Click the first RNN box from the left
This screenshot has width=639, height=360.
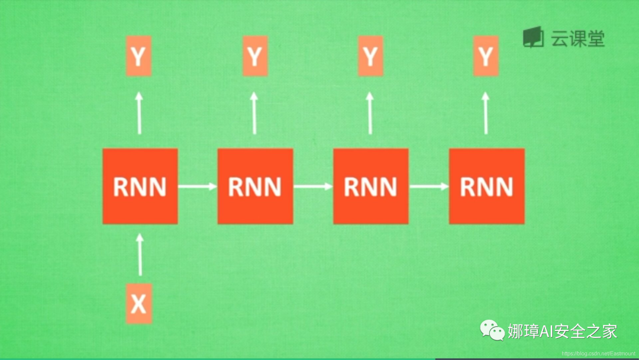pos(140,187)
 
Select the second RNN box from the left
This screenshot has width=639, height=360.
pos(255,187)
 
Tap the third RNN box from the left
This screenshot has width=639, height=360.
pos(371,187)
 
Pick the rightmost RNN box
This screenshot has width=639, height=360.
pos(486,187)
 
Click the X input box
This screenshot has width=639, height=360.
pos(138,304)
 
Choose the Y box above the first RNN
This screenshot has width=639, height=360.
pos(138,56)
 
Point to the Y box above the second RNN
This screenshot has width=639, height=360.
pos(254,56)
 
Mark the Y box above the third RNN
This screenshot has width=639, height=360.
pos(370,56)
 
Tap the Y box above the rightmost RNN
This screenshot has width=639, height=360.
pos(486,56)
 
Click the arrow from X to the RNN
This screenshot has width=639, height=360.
pos(140,255)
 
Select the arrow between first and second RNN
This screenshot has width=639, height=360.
pos(198,187)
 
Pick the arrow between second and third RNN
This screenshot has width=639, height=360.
pos(313,187)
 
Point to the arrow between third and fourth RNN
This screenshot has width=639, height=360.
pos(429,187)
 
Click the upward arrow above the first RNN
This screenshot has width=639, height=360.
pos(140,113)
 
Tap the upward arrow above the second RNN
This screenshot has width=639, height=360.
pos(254,113)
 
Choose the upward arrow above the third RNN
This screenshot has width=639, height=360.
pos(370,113)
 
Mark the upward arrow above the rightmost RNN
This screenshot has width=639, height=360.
pos(486,113)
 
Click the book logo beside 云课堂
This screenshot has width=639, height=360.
pos(533,37)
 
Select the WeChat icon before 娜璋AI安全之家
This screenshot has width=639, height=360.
pos(492,330)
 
